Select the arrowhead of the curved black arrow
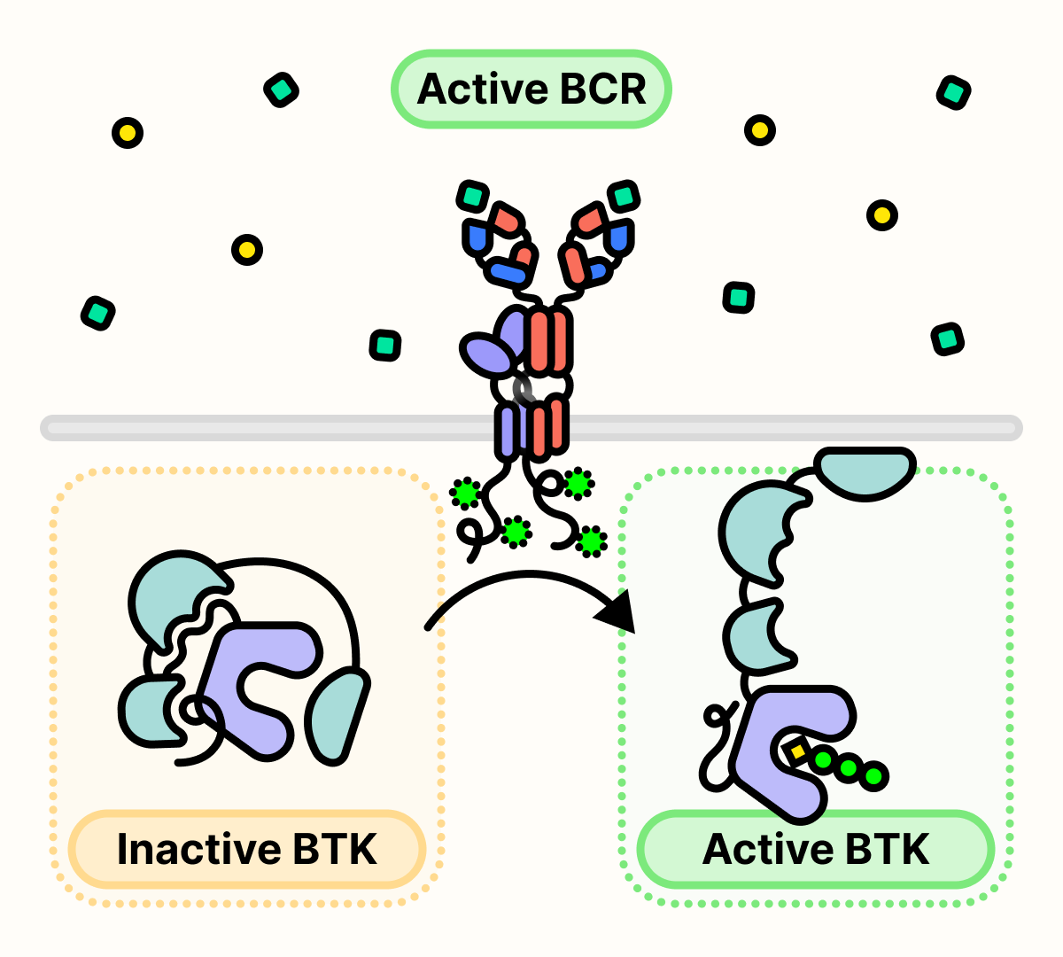617,611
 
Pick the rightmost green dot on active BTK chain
873,776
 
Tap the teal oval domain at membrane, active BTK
865,471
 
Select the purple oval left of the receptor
486,355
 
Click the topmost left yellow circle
128,133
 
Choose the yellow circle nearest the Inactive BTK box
247,250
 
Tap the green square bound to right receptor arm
624,196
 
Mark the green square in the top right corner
953,92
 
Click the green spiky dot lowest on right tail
591,540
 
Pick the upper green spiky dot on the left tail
465,493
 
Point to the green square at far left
97,314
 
